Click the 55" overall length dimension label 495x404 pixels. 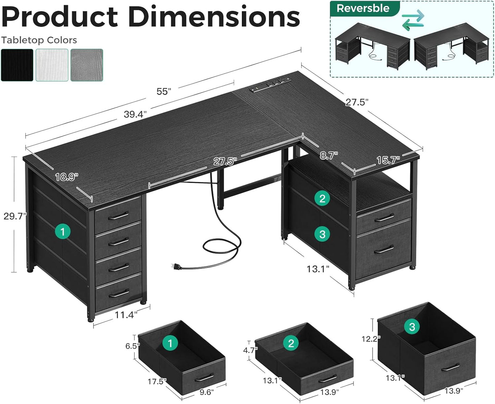[163, 91]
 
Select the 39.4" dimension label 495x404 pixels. [135, 114]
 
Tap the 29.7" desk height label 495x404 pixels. [15, 216]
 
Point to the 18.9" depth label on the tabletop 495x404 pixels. [66, 177]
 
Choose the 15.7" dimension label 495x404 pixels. [388, 160]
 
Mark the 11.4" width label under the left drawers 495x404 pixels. [126, 314]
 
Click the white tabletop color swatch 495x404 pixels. [52, 65]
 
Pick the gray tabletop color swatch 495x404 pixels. [87, 65]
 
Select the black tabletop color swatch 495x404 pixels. [17, 65]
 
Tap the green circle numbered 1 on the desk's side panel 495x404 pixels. [62, 232]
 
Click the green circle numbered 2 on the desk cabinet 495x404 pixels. [322, 198]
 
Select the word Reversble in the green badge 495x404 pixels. [363, 9]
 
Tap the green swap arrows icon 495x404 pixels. [413, 20]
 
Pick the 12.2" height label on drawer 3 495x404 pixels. [371, 339]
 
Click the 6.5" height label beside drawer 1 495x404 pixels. [132, 346]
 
